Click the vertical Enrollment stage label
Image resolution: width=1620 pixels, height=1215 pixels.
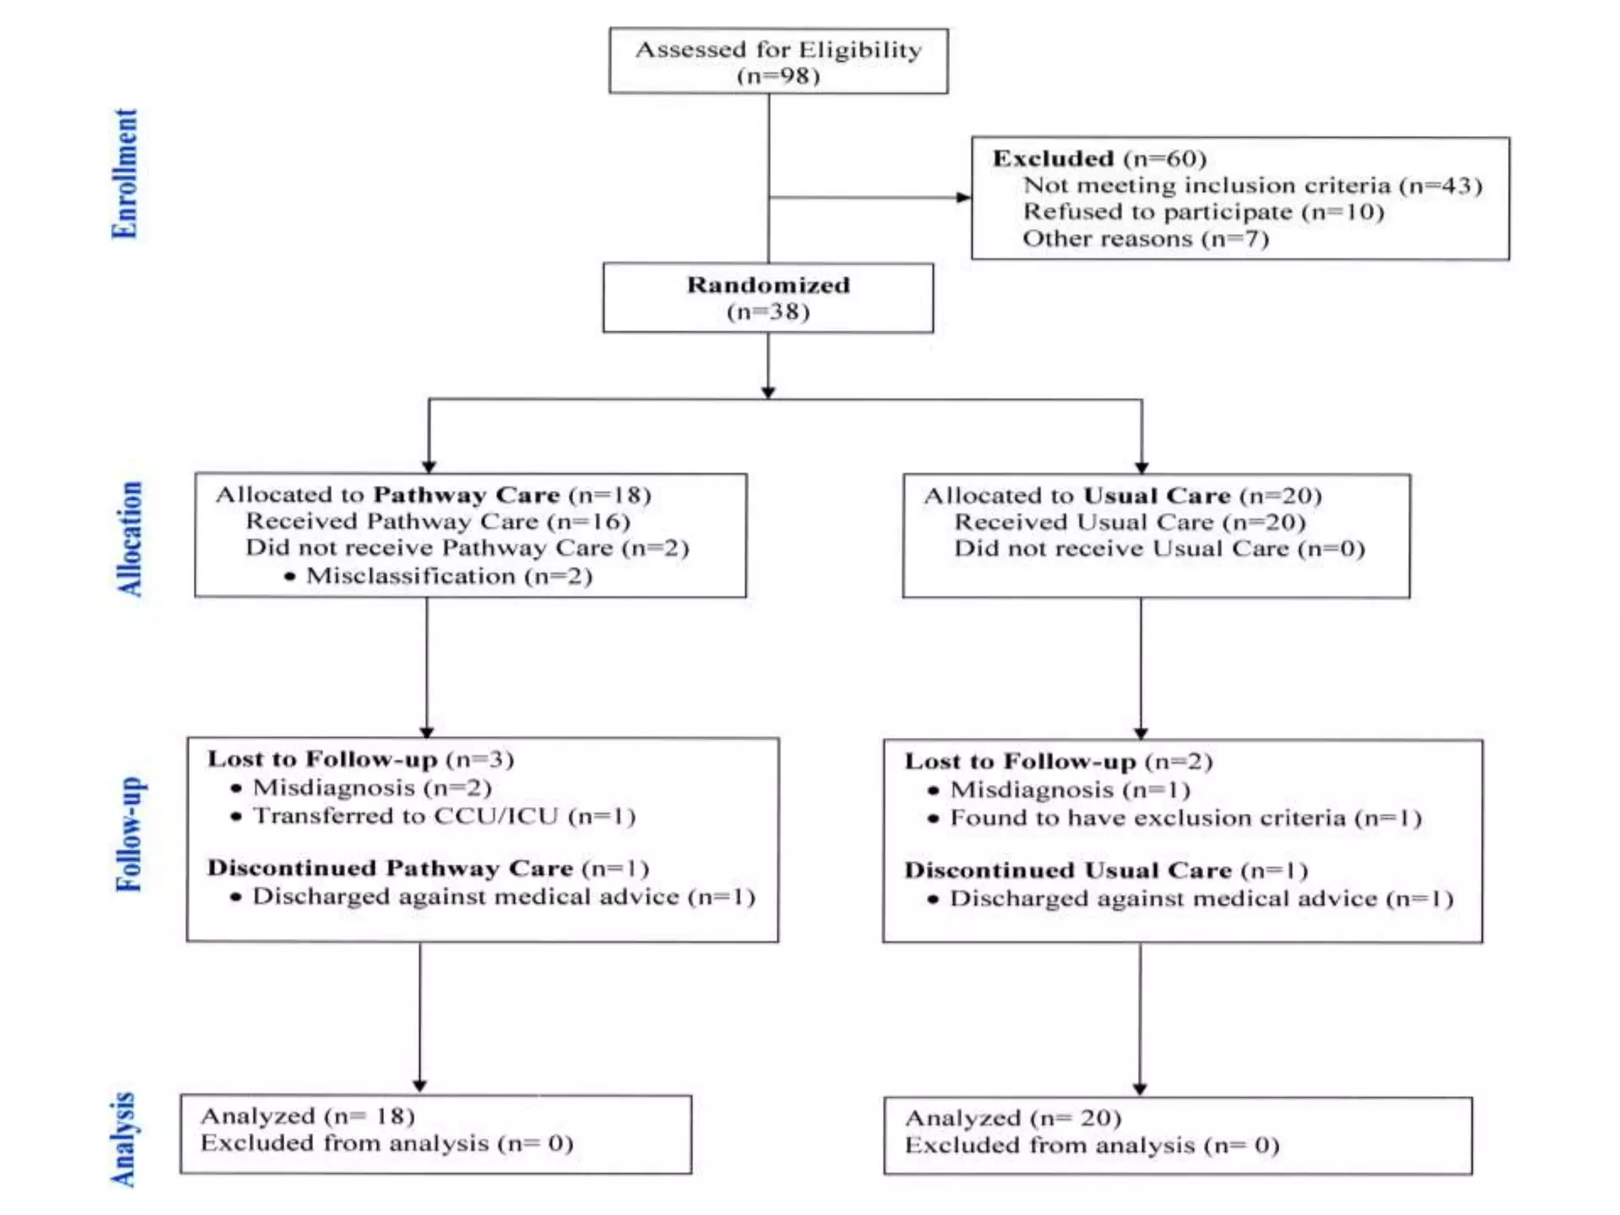click(x=124, y=174)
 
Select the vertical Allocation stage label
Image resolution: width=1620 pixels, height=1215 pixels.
click(x=130, y=539)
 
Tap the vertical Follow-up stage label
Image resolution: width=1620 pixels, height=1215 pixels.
click(x=130, y=834)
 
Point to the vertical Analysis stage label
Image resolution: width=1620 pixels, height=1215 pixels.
click(x=123, y=1140)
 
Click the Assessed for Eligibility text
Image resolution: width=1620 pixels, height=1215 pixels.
click(x=778, y=50)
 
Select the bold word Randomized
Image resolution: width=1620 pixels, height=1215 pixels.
click(x=768, y=285)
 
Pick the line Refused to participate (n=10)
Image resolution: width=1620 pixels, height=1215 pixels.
click(x=1203, y=212)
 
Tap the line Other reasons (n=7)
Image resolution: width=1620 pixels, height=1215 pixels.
click(x=1145, y=239)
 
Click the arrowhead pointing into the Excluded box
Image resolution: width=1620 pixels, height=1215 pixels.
click(x=963, y=197)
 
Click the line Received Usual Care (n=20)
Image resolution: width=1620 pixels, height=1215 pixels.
click(x=1130, y=522)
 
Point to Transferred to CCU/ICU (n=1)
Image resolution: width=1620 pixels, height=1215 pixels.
click(x=444, y=816)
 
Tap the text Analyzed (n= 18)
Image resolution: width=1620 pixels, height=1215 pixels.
click(x=308, y=1116)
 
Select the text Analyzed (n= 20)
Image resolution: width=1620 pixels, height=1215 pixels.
click(x=1013, y=1118)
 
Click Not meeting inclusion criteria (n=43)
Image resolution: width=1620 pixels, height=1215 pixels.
click(x=1252, y=186)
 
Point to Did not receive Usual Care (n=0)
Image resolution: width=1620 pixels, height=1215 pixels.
click(x=1159, y=549)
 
